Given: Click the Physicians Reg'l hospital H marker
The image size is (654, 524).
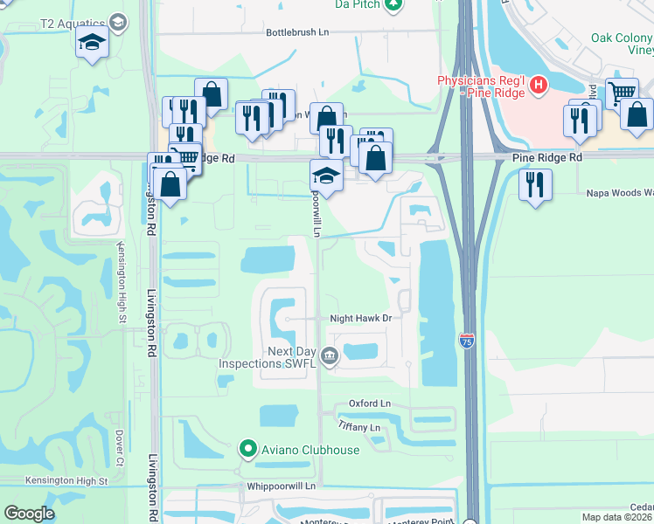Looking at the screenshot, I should (x=539, y=86).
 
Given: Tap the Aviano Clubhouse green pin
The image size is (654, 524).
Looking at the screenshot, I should (x=247, y=450).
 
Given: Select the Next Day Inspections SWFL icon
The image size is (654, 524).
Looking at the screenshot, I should (x=330, y=355).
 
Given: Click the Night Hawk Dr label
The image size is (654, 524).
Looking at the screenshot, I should (x=359, y=319).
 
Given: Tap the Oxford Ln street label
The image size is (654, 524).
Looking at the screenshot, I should (x=368, y=403).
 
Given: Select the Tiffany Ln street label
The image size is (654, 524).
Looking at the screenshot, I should (x=359, y=427).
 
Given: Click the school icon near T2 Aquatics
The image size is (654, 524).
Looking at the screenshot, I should (x=92, y=43).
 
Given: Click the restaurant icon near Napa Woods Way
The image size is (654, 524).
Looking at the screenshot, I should (x=534, y=184).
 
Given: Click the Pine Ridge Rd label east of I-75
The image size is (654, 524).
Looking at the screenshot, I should (x=546, y=157).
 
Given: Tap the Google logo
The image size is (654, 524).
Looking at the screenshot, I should (x=29, y=514).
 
